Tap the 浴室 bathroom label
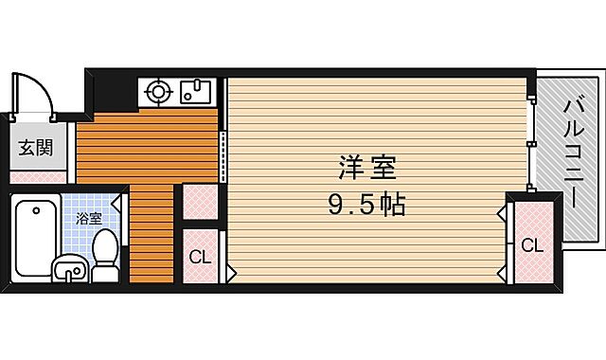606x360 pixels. [88, 217]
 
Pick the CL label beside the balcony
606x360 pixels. [532, 245]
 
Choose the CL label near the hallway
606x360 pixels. [199, 256]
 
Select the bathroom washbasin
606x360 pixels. [68, 270]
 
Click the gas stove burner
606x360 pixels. [156, 93]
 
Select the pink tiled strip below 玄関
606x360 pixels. [38, 177]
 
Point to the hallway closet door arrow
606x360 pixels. [229, 273]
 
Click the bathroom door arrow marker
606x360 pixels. [118, 201]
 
